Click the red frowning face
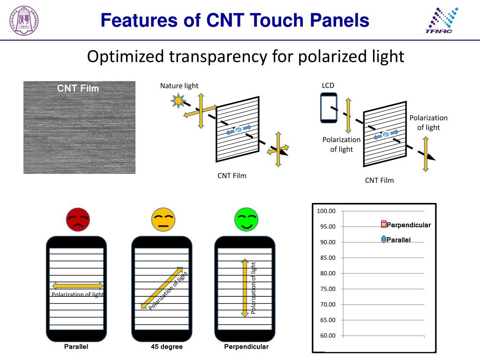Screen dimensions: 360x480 (x=78, y=220)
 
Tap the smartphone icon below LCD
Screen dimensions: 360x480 (x=329, y=108)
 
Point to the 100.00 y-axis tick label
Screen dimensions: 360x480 (x=326, y=211)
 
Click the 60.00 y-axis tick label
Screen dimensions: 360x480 (x=328, y=336)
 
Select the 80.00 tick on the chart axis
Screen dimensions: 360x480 (x=328, y=273)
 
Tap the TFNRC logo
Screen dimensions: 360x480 (x=441, y=22)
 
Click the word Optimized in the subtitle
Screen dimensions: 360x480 (x=126, y=57)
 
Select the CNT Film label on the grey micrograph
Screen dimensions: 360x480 (x=78, y=88)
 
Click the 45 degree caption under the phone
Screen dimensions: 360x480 (x=166, y=347)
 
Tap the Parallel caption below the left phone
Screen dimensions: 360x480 (x=76, y=347)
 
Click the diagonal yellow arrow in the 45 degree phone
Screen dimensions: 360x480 (x=162, y=288)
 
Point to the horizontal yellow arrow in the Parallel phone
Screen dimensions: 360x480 (x=77, y=285)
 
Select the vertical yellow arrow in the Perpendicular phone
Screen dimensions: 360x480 (x=244, y=287)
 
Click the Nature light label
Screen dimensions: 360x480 (x=179, y=86)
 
